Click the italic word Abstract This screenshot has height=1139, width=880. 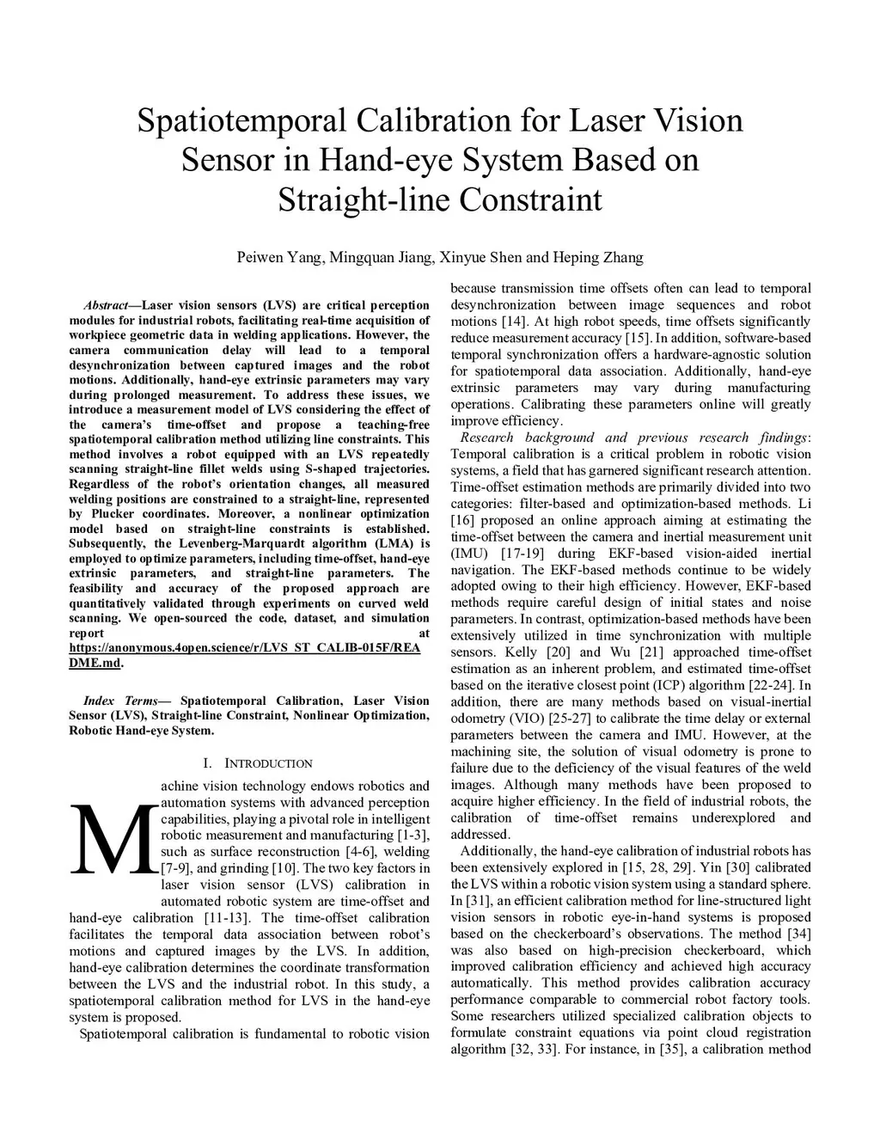(x=106, y=305)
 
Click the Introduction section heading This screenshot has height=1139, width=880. (x=267, y=763)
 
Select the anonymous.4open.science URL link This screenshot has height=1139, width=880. (x=245, y=647)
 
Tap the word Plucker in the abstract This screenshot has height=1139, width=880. (x=110, y=514)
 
